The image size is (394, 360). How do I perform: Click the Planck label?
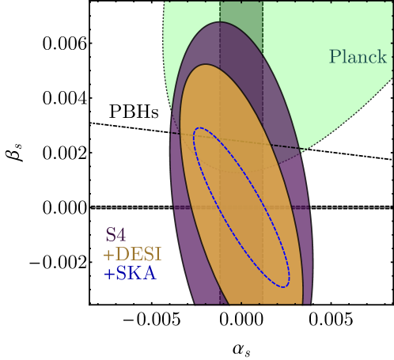tap(358, 57)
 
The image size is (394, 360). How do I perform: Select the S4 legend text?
tap(116, 235)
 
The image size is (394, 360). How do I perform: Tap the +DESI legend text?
tap(131, 255)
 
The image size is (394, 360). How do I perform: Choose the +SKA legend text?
tap(129, 275)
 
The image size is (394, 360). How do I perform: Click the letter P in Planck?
tap(335, 57)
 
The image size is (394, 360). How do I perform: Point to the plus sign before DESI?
tap(108, 256)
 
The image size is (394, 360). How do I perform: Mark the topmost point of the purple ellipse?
tap(219, 22)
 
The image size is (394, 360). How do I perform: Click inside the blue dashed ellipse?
tap(241, 206)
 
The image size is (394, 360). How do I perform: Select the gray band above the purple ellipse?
tap(241, 12)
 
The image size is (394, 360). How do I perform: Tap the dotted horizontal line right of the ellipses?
tap(348, 207)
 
